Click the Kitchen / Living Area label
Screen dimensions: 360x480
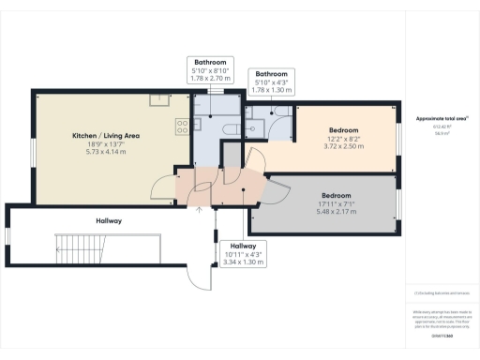click(x=106, y=136)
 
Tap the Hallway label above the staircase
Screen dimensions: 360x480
click(x=109, y=220)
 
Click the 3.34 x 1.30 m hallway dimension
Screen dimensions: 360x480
click(x=243, y=262)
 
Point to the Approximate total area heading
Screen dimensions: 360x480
click(x=442, y=120)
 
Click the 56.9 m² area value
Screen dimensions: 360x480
click(x=442, y=134)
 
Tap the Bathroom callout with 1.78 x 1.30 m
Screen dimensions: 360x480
click(x=271, y=88)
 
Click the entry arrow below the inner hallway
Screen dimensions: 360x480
click(x=198, y=209)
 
